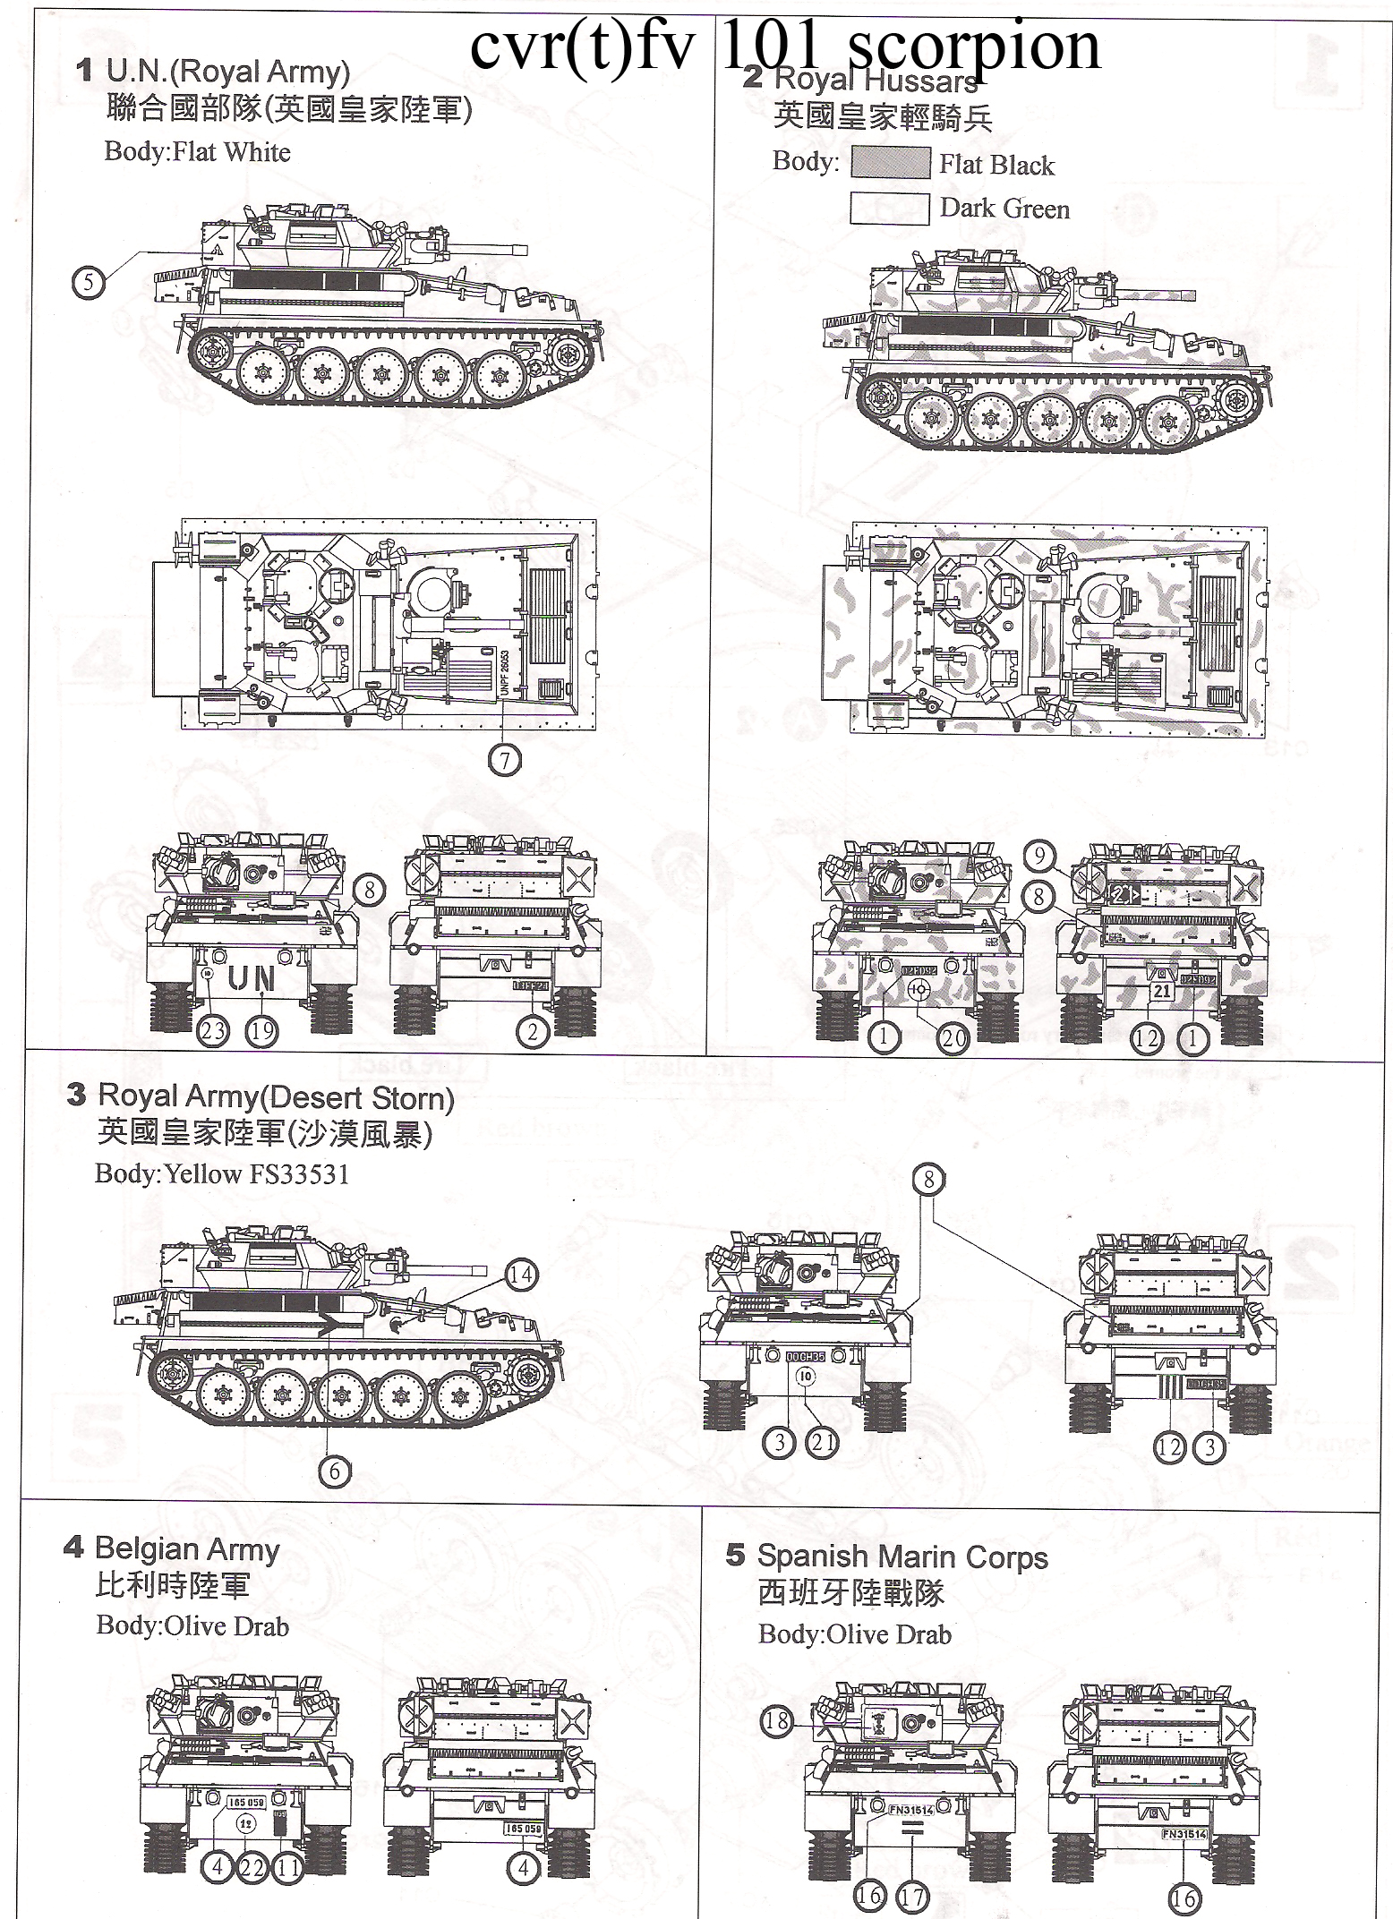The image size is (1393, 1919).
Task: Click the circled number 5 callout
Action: (x=88, y=284)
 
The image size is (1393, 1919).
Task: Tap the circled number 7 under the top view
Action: (x=506, y=760)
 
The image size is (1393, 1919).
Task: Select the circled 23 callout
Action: (x=212, y=1031)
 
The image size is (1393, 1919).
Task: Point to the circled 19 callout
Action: (x=261, y=1031)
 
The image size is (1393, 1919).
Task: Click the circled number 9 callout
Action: (x=1038, y=857)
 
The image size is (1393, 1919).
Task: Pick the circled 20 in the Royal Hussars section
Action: (x=953, y=1038)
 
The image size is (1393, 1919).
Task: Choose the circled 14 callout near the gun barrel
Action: (x=521, y=1275)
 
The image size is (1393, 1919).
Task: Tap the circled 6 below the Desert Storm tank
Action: (x=334, y=1472)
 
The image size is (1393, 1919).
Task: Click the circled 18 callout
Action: (x=777, y=1722)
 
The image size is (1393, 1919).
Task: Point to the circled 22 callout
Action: (x=252, y=1866)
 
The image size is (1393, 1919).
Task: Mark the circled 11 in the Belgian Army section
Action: (x=287, y=1866)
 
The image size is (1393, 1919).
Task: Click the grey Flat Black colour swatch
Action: (x=890, y=164)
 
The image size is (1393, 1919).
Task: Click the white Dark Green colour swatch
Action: (x=890, y=209)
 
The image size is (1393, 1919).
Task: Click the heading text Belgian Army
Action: (x=187, y=1548)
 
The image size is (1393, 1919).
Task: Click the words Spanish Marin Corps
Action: (x=902, y=1557)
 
